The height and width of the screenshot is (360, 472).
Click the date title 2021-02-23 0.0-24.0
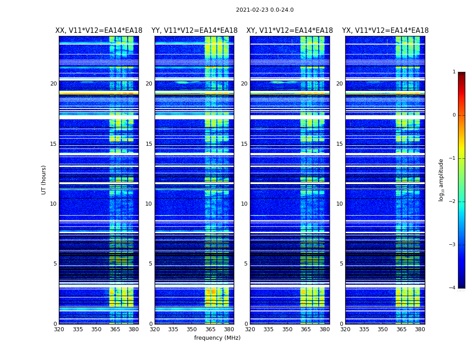point(264,10)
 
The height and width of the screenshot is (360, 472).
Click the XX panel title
point(99,31)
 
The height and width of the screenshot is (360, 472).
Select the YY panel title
point(194,31)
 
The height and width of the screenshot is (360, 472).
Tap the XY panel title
point(289,31)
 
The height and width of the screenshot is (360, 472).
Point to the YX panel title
point(385,31)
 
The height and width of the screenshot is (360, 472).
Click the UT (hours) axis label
point(44,180)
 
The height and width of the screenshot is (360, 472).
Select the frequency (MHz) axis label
point(217,338)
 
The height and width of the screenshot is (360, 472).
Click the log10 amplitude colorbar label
point(441,180)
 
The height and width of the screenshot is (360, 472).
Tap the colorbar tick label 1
point(454,72)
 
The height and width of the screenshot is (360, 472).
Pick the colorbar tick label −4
point(453,288)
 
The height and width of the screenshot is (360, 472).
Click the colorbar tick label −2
point(453,202)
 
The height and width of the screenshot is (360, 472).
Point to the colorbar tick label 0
point(454,115)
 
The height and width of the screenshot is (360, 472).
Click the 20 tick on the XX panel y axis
point(53,84)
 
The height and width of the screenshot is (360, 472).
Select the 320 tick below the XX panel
point(59,329)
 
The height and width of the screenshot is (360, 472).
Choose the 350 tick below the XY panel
point(287,329)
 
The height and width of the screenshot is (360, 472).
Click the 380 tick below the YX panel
point(420,329)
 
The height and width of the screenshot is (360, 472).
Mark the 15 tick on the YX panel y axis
point(339,144)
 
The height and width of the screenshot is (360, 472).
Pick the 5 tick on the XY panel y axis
point(246,264)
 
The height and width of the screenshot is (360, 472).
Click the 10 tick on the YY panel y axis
point(149,204)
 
